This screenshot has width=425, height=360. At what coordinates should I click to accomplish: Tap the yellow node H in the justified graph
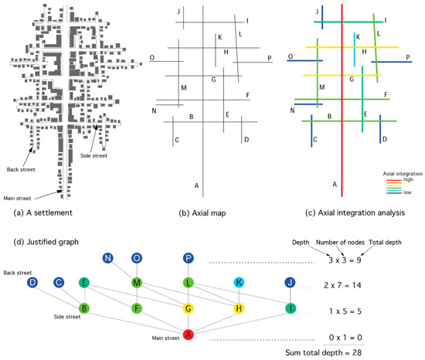tap(239, 310)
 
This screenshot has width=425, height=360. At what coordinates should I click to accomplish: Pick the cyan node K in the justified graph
tap(239, 284)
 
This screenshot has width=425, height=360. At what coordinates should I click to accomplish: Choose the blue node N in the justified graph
tap(108, 257)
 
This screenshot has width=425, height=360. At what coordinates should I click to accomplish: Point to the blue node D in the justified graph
tap(32, 284)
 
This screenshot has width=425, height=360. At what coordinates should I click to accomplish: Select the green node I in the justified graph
tap(289, 310)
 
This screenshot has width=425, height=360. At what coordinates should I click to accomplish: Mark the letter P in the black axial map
tap(269, 58)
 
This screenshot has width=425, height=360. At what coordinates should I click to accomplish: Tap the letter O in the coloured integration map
tap(290, 56)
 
